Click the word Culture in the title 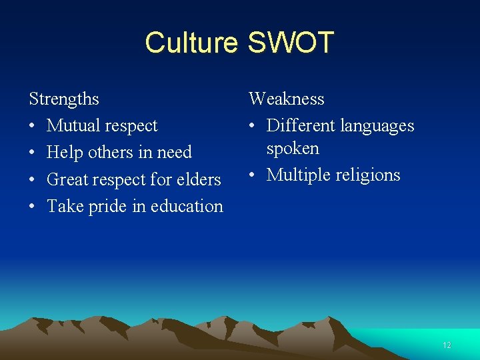191,43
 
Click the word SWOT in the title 291,43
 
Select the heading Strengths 64,99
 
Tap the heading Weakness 287,99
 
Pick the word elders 198,179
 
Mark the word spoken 293,149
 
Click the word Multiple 298,175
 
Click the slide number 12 447,345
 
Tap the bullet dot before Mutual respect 33,126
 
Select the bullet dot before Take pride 33,206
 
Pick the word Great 68,179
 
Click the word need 174,153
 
